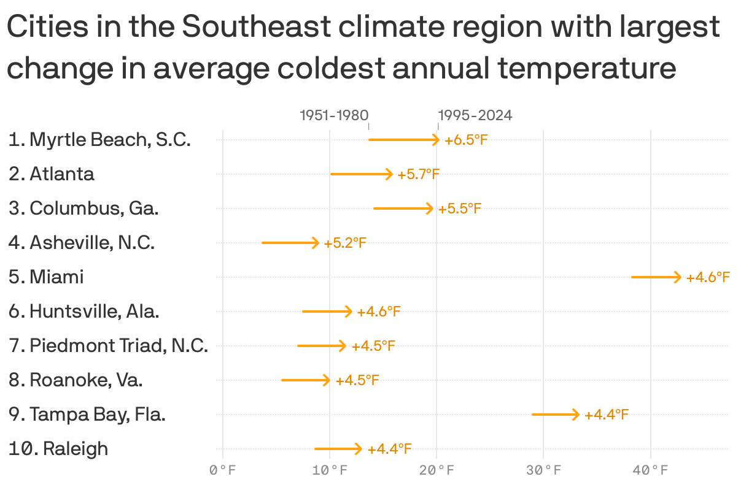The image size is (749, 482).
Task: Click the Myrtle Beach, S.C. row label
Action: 99,140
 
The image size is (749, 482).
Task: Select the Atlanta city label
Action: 52,174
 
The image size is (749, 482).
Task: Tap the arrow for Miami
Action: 656,277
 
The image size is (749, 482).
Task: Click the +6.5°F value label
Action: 466,140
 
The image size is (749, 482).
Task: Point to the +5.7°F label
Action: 419,175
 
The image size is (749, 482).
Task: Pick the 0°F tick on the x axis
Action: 222,471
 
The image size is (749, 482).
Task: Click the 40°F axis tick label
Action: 651,471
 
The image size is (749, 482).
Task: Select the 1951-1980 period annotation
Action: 334,115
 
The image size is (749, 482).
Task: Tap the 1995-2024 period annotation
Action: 475,115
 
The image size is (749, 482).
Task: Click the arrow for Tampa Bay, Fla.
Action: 555,415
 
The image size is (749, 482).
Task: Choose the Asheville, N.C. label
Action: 81,243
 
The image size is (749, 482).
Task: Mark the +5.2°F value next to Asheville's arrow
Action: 345,243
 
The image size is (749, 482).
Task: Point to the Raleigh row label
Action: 58,449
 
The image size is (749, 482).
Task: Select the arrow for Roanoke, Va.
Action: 305,380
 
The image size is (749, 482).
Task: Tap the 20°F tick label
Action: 437,471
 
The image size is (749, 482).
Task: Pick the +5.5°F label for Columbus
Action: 459,209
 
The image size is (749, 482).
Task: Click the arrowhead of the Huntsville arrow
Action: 349,312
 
